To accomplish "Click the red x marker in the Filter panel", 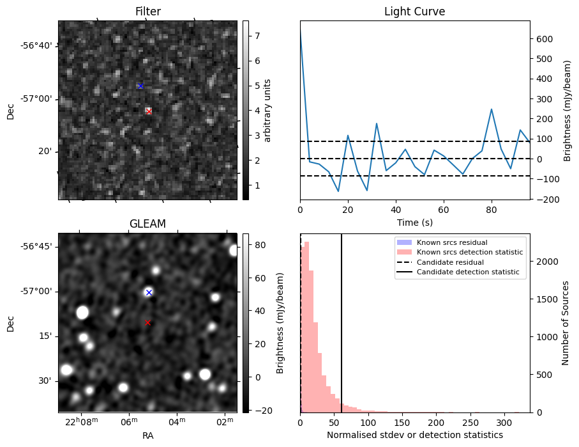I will [x=149, y=111].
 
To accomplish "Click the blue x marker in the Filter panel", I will [x=140, y=86].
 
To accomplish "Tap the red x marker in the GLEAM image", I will [x=148, y=322].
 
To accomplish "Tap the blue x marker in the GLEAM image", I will [x=149, y=292].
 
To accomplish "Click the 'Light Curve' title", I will [x=414, y=12].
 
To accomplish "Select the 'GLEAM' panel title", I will [x=147, y=224].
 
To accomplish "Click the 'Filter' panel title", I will [x=147, y=12].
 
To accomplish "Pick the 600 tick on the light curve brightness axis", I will [x=543, y=38].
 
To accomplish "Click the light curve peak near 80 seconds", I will [x=492, y=109].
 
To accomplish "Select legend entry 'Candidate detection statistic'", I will [x=469, y=272].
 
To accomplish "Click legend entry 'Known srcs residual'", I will [x=451, y=242].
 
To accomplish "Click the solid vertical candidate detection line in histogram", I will [x=342, y=333].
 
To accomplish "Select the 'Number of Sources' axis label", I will [x=565, y=323].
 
